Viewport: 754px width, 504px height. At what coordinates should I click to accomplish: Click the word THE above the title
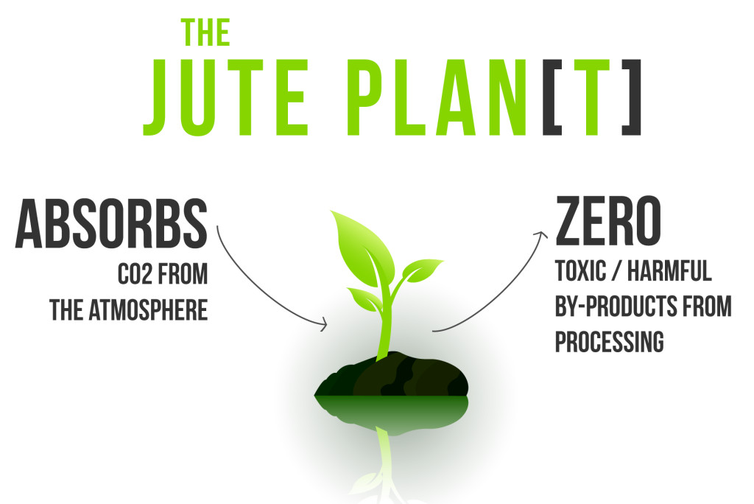(x=205, y=32)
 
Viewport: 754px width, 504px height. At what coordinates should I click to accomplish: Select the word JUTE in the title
(x=225, y=97)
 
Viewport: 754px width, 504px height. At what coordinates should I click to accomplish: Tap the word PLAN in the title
(x=438, y=97)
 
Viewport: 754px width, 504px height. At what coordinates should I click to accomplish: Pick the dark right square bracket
(x=631, y=97)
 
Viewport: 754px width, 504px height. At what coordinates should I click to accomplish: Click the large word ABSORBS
(x=112, y=224)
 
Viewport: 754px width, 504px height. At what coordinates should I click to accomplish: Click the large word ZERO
(x=608, y=221)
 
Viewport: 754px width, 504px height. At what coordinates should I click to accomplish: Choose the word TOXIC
(x=580, y=270)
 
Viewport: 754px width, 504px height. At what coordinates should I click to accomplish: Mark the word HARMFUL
(x=669, y=270)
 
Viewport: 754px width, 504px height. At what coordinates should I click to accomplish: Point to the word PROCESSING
(x=609, y=342)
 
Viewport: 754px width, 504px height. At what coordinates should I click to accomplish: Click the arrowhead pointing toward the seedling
(x=323, y=324)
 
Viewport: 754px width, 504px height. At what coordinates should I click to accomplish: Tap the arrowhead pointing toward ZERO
(x=541, y=235)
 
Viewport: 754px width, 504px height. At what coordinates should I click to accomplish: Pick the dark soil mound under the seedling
(x=392, y=374)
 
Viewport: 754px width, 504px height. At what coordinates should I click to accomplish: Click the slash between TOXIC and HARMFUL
(x=616, y=271)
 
